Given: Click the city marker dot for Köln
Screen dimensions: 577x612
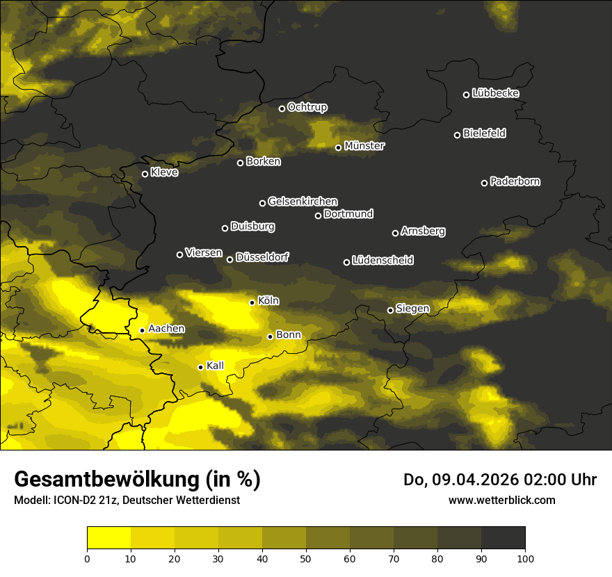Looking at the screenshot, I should pos(252,302).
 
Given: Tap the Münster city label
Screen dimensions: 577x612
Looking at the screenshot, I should pos(364,146).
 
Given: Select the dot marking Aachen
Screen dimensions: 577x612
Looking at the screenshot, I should pos(142,330).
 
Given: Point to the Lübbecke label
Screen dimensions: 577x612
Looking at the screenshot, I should pos(495,93).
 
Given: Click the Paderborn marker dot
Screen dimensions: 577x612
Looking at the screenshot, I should pos(484,183).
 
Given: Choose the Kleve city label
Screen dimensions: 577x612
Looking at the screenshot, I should pos(164,172).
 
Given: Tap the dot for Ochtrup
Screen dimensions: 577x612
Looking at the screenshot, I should pos(282,108).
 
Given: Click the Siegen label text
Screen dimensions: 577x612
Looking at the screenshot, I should pos(412,309).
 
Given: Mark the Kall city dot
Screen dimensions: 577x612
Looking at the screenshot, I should pos(200,367).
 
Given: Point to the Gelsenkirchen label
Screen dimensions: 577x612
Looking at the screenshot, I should pos(303,202).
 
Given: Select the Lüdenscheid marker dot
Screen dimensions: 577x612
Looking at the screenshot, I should pos(346,262).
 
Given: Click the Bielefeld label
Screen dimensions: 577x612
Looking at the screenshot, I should pos(484,133).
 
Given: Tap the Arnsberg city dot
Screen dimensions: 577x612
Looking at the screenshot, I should pos(395,233).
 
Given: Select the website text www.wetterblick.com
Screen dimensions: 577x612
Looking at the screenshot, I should pos(501,500).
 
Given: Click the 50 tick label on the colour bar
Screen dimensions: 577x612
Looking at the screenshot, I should pos(306,558).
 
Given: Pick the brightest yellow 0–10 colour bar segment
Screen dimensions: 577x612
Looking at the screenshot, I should pos(109,538).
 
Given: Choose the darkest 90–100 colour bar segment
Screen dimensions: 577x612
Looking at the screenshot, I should pos(503,538).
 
